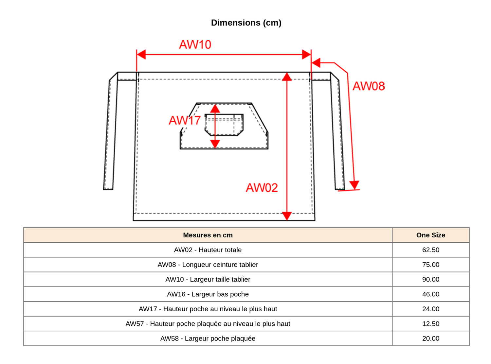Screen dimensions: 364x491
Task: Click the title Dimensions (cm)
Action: (x=246, y=23)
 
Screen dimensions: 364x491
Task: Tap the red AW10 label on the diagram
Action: (x=195, y=45)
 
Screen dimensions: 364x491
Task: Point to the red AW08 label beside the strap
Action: (x=369, y=86)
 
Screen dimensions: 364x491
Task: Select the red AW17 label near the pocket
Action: (x=184, y=120)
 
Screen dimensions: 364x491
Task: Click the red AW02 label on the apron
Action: (x=262, y=188)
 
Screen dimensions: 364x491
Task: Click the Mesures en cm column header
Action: (x=208, y=235)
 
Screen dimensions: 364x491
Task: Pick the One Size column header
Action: (x=430, y=235)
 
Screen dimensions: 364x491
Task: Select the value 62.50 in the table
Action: (x=430, y=250)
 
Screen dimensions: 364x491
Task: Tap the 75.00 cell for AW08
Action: (x=430, y=265)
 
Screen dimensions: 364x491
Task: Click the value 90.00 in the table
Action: (x=430, y=279)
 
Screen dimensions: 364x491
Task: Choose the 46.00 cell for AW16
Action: (x=430, y=294)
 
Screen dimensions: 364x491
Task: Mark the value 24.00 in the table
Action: (x=430, y=309)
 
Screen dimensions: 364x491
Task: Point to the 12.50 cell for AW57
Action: (x=430, y=324)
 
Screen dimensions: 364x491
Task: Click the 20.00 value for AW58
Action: (x=430, y=338)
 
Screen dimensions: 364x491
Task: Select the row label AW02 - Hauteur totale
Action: (x=208, y=250)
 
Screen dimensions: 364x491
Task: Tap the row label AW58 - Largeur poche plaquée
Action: (x=208, y=338)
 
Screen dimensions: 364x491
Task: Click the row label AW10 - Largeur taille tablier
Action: (x=208, y=279)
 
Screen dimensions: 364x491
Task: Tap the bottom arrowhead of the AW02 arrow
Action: (x=287, y=216)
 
